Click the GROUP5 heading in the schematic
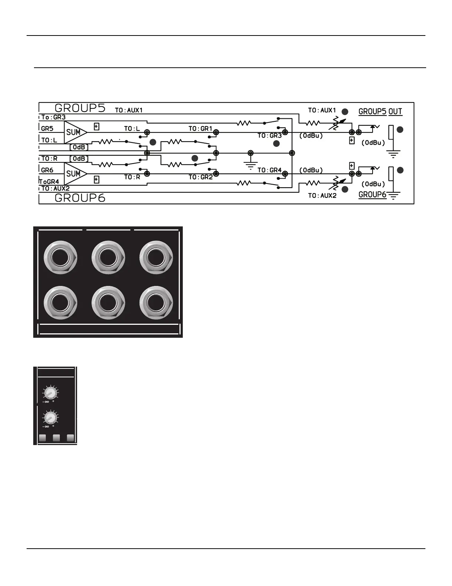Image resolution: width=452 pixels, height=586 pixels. pyautogui.click(x=80, y=108)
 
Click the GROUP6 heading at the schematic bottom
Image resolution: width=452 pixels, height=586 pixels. pyautogui.click(x=80, y=198)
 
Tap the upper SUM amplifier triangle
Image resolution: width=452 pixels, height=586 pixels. pyautogui.click(x=75, y=132)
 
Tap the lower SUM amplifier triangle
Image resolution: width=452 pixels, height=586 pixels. pyautogui.click(x=75, y=174)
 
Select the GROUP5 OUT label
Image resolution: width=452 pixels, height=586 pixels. pyautogui.click(x=380, y=111)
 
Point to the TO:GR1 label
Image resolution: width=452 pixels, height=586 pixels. pyautogui.click(x=201, y=129)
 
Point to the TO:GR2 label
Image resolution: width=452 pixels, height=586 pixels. pyautogui.click(x=201, y=177)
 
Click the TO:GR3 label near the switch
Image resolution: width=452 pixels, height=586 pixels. pyautogui.click(x=270, y=136)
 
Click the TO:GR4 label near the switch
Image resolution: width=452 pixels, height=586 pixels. pyautogui.click(x=270, y=170)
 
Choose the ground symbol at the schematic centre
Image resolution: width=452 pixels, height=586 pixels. pyautogui.click(x=251, y=161)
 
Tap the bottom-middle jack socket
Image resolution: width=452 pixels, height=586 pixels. pyautogui.click(x=108, y=302)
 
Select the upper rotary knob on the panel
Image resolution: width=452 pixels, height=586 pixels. pyautogui.click(x=50, y=393)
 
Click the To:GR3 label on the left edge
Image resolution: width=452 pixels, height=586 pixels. pyautogui.click(x=53, y=117)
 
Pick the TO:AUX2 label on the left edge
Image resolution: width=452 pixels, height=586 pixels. pyautogui.click(x=55, y=189)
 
